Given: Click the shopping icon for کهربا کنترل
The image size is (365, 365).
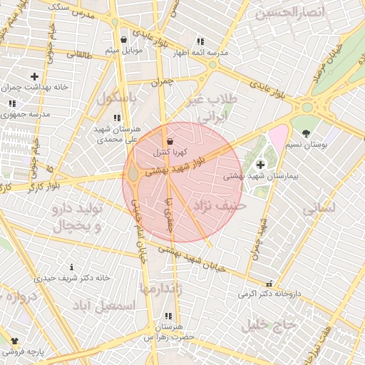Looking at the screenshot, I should click(x=169, y=141).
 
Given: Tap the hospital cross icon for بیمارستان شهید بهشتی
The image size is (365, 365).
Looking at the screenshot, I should click(x=260, y=165).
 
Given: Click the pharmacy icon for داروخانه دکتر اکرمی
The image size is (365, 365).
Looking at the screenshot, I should click(x=269, y=283).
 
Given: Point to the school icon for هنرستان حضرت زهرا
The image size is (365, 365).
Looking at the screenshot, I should click(x=168, y=316).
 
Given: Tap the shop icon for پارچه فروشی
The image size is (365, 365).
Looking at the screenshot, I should click(x=14, y=341).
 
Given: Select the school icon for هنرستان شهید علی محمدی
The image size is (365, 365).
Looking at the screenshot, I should click(x=117, y=118).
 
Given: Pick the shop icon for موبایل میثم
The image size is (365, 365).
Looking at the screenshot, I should click(x=125, y=39).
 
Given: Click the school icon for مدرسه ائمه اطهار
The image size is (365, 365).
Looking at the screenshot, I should click(x=200, y=41).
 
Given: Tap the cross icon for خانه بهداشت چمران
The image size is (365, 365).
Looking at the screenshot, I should click(x=34, y=76).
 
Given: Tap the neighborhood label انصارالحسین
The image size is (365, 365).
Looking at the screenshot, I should click(x=290, y=12).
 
